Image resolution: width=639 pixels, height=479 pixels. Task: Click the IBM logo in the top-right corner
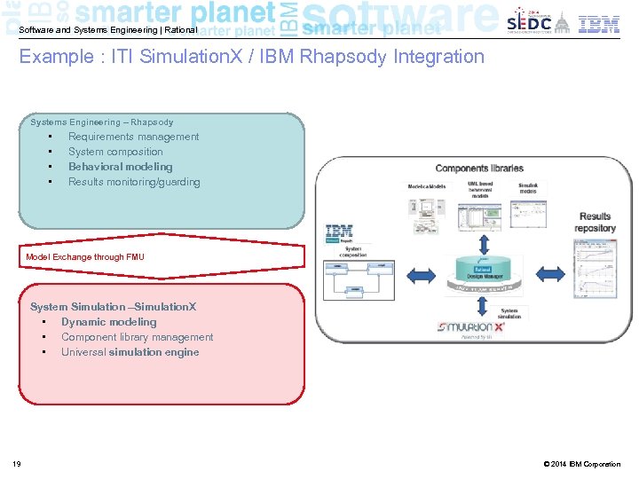[599, 24]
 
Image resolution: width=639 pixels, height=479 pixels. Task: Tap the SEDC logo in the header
[529, 23]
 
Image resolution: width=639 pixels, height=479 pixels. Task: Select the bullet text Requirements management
[133, 137]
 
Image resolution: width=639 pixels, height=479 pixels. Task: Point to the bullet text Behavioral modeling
[120, 167]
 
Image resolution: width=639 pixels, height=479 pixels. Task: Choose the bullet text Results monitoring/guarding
[134, 182]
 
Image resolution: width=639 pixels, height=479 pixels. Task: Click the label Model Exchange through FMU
[85, 257]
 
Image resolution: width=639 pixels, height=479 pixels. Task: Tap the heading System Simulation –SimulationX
[114, 307]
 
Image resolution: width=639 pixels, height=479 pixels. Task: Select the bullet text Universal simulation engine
[130, 352]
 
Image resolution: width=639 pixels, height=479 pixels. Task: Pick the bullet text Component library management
[137, 337]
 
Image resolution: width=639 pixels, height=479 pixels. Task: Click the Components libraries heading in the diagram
[479, 169]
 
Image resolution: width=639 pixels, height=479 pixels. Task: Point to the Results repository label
[595, 222]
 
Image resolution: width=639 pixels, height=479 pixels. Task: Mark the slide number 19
[17, 464]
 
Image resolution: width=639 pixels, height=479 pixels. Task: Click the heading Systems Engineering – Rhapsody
[102, 122]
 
